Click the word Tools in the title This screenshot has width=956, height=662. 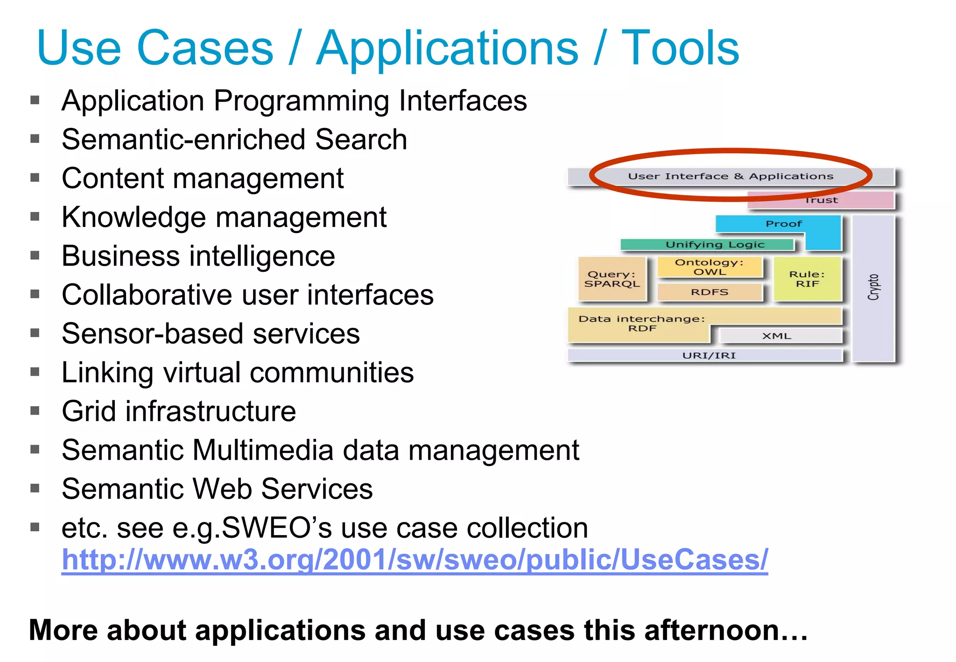[x=680, y=48]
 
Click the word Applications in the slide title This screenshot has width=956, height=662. [x=447, y=48]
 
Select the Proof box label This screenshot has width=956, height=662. [x=784, y=224]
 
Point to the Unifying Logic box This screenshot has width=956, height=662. [x=714, y=245]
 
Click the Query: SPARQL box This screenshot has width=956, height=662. [x=612, y=279]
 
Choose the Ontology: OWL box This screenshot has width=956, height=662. [x=709, y=267]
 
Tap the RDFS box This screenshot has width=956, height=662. [x=710, y=292]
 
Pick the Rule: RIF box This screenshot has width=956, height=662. [x=807, y=279]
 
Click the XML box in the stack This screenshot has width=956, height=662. [x=777, y=336]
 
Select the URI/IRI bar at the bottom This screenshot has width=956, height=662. [x=709, y=356]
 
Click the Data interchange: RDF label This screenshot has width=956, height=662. [x=642, y=324]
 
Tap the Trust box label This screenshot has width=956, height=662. [x=822, y=200]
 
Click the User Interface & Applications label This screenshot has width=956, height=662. [x=731, y=176]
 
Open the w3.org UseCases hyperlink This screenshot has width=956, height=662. [x=415, y=560]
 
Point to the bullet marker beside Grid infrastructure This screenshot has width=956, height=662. [x=35, y=411]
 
